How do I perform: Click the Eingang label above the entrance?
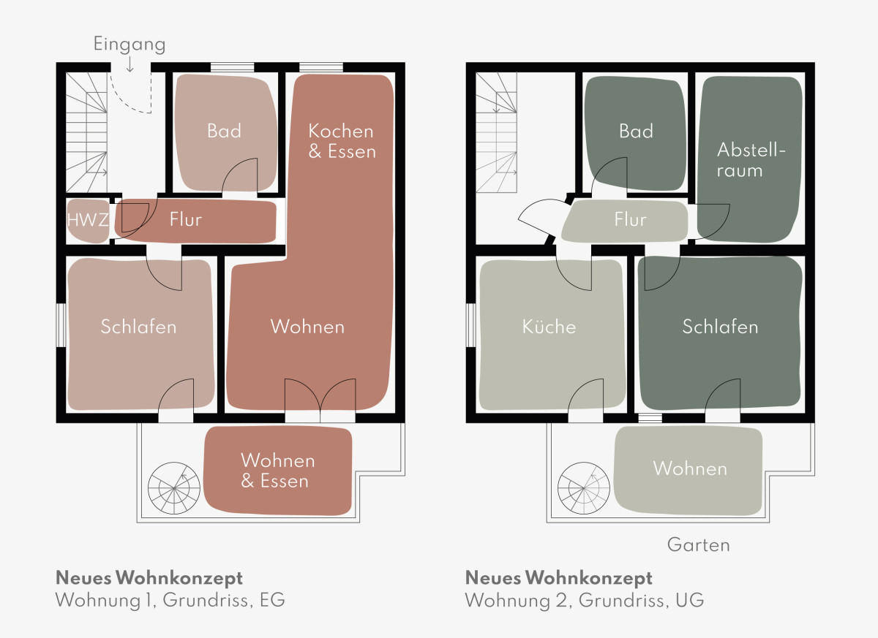point(130,44)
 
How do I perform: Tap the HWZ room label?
point(88,219)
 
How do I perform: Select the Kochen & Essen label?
point(341,141)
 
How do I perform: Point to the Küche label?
point(549,326)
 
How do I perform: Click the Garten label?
point(698,544)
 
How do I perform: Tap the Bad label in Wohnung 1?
point(224,131)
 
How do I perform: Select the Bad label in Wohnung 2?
point(636,131)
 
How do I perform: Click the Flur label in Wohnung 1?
point(185,219)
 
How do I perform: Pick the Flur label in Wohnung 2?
point(630,219)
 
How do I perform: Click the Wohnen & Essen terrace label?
point(277,471)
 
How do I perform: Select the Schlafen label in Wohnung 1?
point(138,326)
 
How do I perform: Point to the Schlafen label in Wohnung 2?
point(720,326)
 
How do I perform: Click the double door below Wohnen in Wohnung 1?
point(319,398)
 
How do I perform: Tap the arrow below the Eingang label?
point(130,64)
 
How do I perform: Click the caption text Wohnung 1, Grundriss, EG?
point(170,601)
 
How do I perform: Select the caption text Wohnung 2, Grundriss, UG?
point(584,601)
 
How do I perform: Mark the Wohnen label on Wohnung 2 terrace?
point(690,468)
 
